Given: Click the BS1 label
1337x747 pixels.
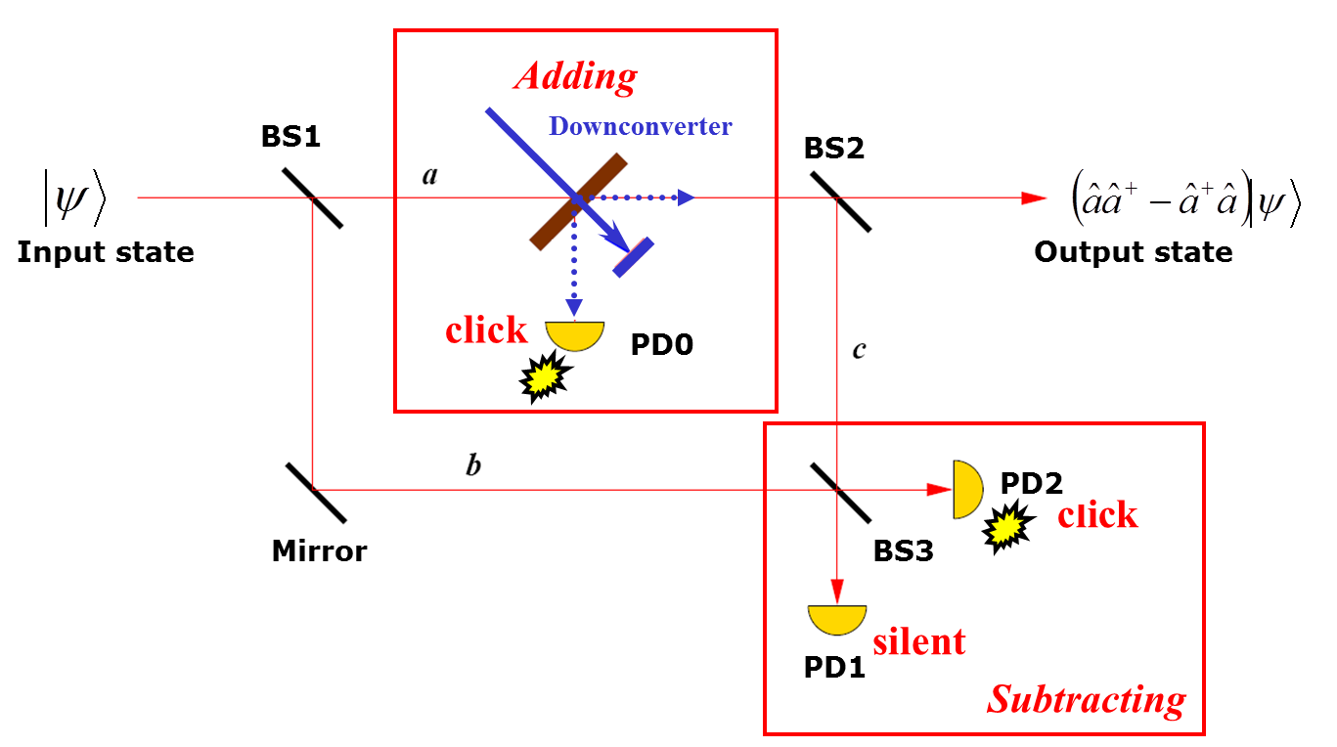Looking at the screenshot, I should pos(290,137).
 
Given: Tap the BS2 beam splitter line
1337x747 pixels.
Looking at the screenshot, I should pos(840,201).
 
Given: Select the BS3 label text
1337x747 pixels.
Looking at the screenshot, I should pos(903,550).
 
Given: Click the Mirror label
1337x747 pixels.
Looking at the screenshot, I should pos(319,551).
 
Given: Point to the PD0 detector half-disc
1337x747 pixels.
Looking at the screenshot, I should pos(575,334).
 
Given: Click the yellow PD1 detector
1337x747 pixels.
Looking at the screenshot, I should pos(837,618).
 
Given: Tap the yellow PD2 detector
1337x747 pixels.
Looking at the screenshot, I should pos(966,489).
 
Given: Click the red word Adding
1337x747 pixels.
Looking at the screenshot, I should pos(576,75).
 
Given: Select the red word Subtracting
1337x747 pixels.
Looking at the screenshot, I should pos(1087,699).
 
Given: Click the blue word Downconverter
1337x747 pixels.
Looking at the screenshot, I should pos(640,126).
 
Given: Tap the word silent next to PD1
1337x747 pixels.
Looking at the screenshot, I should pos(918,641).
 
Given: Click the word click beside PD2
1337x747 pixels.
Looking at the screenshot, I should pos(1097,515).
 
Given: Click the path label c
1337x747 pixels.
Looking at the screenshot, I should pos(859,350).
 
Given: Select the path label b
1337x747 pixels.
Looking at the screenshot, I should pos(473,465).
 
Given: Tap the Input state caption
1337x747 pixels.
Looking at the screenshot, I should pos(106,252).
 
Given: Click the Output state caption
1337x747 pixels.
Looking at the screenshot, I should pos(1134,252).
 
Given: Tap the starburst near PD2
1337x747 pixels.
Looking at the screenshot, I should pos(1008,528).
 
